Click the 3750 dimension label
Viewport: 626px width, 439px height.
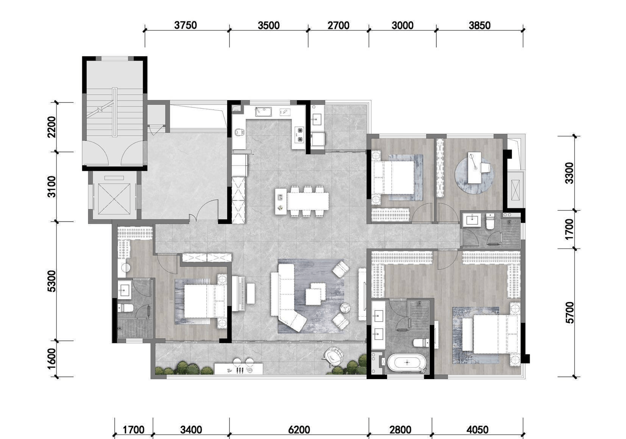[186, 25]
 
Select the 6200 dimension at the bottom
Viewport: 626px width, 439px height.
[299, 430]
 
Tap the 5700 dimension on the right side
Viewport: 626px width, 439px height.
[569, 313]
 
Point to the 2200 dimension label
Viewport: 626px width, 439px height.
[52, 127]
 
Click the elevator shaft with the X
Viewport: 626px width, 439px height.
[114, 199]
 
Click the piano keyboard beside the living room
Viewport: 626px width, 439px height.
[238, 294]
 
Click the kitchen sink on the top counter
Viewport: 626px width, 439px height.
[263, 112]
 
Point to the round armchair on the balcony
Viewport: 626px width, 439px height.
[333, 356]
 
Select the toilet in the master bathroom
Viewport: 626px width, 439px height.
[421, 342]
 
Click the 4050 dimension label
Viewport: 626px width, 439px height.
[477, 430]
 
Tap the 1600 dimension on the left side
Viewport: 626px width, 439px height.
[52, 359]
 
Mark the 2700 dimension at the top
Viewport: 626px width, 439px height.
[339, 25]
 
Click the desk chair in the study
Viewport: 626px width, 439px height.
[486, 168]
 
